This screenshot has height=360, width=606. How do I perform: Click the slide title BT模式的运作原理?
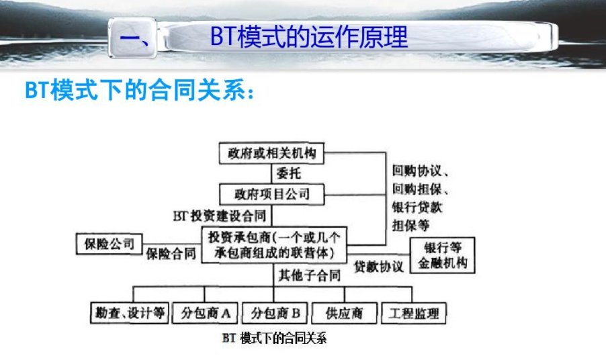point(308,38)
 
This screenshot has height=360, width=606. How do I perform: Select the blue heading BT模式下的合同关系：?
point(140,91)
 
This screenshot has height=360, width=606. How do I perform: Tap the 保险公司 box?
point(110,242)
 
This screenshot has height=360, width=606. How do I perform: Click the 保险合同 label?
point(171,254)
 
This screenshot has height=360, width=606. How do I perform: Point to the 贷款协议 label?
point(379,265)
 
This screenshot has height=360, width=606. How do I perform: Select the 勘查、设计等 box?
point(128,313)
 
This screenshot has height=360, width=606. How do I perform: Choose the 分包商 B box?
point(274,313)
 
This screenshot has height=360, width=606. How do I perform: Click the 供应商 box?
point(343,313)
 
